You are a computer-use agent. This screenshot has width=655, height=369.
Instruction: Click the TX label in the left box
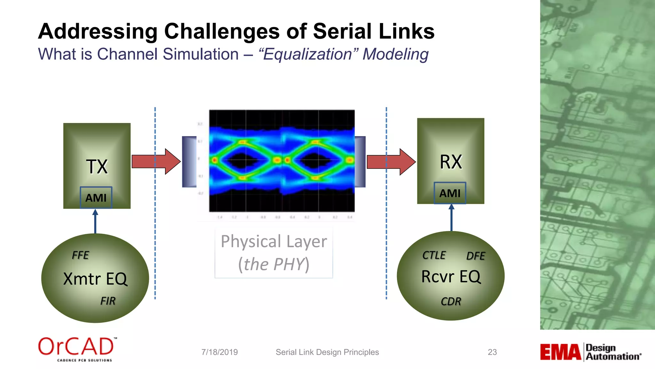click(x=97, y=167)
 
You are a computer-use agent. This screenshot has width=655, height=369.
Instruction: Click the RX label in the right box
click(x=451, y=162)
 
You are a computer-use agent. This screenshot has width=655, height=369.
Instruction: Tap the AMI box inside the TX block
click(x=96, y=198)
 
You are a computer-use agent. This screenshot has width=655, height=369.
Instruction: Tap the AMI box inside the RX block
click(x=450, y=193)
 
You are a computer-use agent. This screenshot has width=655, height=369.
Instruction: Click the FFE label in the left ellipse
click(x=80, y=255)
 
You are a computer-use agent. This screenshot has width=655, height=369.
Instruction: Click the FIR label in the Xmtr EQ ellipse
click(x=108, y=301)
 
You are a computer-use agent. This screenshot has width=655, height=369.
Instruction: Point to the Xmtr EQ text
click(x=95, y=279)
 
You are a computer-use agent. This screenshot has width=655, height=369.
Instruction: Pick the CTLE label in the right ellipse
click(x=434, y=255)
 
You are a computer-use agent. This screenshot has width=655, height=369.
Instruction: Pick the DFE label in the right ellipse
click(x=476, y=256)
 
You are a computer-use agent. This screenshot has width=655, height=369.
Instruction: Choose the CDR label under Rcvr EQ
click(x=451, y=301)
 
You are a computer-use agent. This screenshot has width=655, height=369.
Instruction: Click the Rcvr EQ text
click(x=451, y=276)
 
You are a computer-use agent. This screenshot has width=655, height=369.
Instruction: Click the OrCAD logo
click(x=77, y=349)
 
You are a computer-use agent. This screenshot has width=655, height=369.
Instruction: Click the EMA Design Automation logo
click(x=590, y=352)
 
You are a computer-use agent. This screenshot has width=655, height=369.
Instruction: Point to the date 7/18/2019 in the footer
click(x=219, y=352)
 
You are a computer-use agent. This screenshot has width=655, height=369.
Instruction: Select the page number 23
click(x=492, y=352)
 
